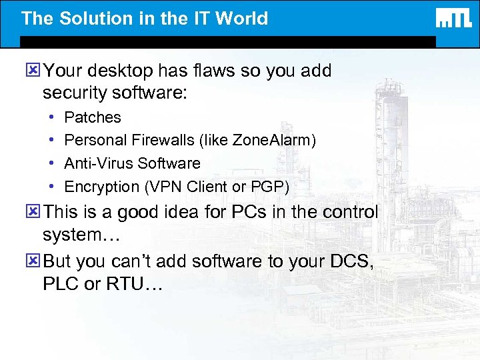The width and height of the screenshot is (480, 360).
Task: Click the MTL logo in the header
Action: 454,18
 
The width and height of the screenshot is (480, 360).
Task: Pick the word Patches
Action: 93,117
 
